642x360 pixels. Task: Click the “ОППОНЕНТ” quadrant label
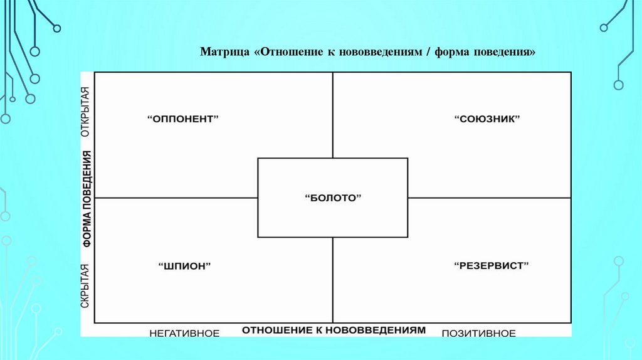point(184,119)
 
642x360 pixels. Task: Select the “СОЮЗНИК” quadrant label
point(488,119)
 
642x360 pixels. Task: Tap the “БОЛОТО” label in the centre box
point(333,198)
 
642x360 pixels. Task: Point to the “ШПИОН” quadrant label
point(184,266)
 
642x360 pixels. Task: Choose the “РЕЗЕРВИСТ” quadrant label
point(492,266)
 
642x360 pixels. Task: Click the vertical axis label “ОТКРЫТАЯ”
point(86,111)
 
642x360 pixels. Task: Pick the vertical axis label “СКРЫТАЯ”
point(86,285)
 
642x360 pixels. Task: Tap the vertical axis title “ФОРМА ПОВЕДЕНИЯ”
point(86,198)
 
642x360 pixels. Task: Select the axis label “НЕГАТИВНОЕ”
point(184,333)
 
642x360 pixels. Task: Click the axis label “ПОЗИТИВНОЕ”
point(479,333)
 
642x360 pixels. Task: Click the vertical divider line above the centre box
point(333,115)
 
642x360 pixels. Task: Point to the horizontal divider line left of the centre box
point(176,198)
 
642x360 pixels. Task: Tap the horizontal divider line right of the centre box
point(489,198)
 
